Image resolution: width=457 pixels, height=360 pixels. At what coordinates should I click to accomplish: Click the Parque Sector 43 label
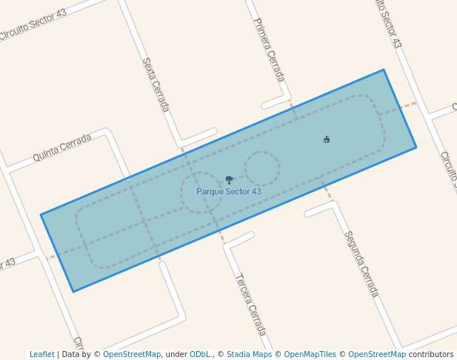229,191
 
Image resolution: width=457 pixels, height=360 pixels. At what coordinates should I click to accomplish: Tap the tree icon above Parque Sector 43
229,179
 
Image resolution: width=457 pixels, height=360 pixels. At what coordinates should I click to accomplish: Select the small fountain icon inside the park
327,139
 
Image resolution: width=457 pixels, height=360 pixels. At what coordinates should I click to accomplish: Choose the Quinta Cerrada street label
61,148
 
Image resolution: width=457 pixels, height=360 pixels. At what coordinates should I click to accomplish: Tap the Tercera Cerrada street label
250,304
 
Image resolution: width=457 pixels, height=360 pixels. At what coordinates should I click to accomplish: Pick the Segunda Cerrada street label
361,264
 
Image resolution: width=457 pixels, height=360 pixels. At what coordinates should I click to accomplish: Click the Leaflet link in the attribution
42,354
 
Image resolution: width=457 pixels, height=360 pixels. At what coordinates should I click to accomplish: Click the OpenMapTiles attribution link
310,354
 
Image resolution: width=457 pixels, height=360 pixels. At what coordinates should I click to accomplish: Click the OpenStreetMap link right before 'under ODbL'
132,354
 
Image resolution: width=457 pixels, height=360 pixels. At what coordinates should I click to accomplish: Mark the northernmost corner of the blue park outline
384,70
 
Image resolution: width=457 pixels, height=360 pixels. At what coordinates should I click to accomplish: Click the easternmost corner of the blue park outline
416,147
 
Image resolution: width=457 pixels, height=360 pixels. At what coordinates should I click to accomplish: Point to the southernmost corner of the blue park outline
73,291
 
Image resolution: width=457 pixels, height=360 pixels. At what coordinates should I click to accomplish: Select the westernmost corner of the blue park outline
41,215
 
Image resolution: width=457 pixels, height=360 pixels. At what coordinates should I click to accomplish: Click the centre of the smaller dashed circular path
262,169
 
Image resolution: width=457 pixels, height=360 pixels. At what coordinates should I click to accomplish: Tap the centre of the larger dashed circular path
201,193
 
